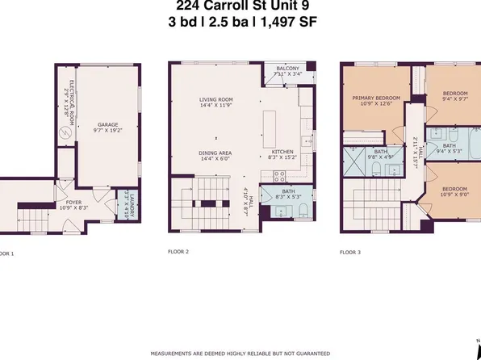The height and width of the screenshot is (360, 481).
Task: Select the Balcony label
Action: click(289, 71)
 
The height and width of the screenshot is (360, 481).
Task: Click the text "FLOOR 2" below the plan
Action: click(181, 252)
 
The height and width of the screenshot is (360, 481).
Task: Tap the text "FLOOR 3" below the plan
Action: click(349, 252)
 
